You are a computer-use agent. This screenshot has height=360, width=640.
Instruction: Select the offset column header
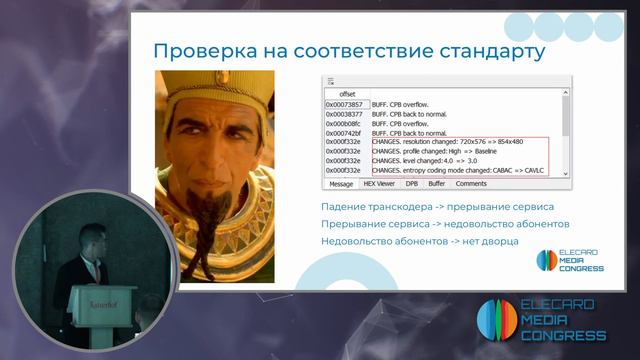tap(347, 94)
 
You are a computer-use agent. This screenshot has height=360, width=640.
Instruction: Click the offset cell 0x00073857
tap(344, 105)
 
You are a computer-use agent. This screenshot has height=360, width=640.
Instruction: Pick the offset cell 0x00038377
tap(344, 115)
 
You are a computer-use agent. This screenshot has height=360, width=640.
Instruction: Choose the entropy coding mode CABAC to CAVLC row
tap(455, 171)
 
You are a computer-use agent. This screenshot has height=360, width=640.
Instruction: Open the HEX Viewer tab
tap(379, 184)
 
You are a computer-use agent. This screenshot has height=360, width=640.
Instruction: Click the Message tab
tap(340, 184)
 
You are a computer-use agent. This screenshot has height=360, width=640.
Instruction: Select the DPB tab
tap(411, 184)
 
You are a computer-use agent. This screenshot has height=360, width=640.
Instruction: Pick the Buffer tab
tap(437, 184)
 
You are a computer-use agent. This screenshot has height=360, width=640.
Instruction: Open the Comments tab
tap(471, 184)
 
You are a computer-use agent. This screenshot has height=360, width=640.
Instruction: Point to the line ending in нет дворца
tap(420, 241)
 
